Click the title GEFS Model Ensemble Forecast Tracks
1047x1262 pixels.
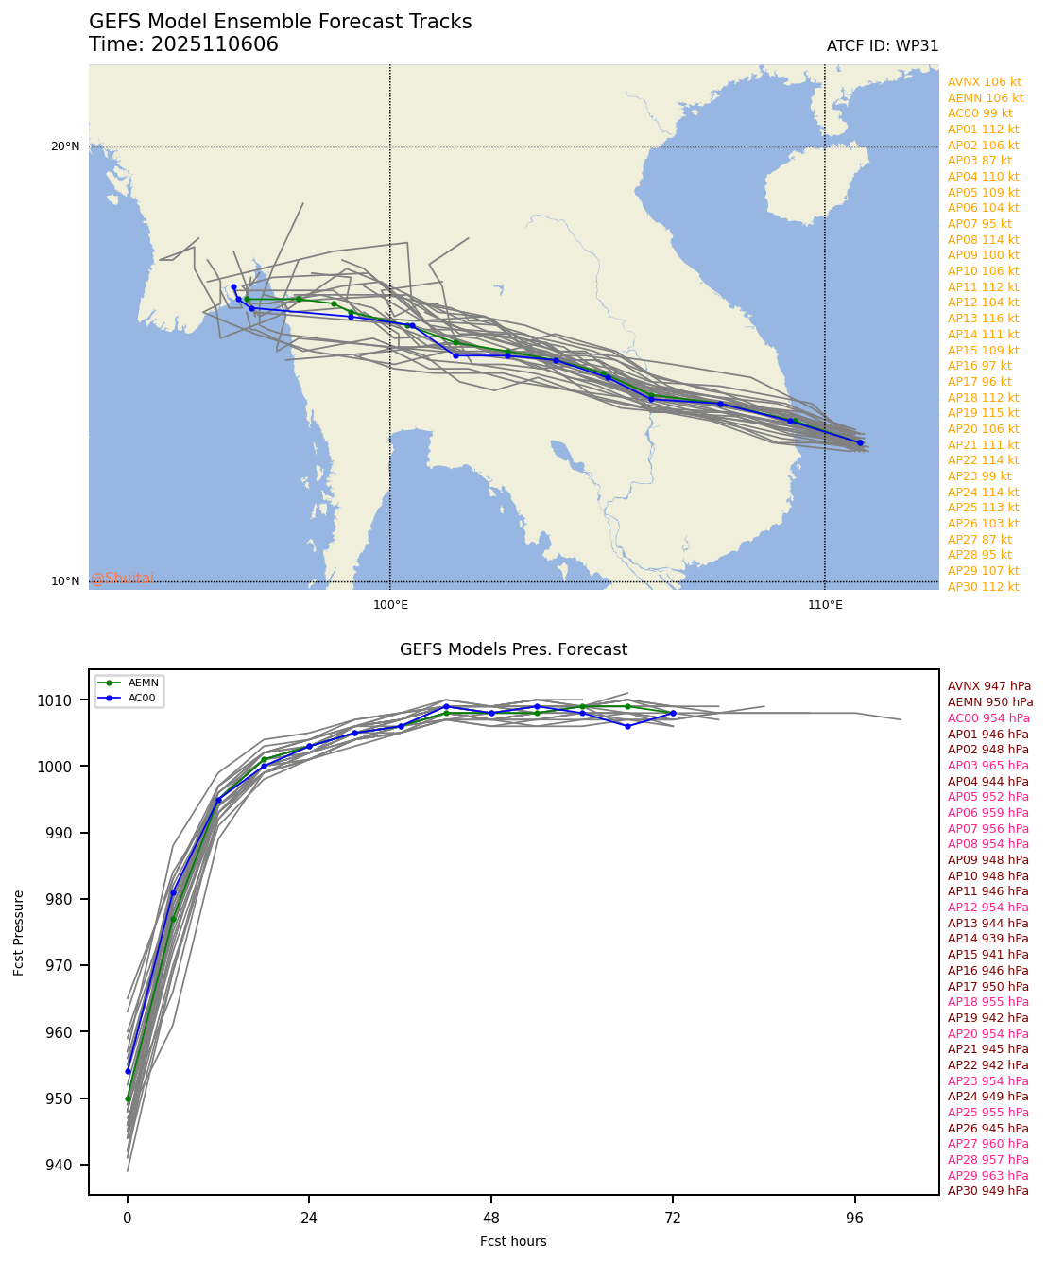pos(280,22)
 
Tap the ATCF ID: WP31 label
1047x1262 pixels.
pos(882,46)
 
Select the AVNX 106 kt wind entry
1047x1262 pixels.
pos(985,82)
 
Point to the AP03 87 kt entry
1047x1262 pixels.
pos(979,161)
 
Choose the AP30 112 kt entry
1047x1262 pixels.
pos(983,586)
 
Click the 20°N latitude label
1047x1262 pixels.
pos(65,147)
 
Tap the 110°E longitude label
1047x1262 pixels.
pos(825,605)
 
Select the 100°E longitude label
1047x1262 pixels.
pos(390,605)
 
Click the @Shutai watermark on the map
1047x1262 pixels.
pos(123,579)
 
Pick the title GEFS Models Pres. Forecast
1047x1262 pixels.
pos(513,649)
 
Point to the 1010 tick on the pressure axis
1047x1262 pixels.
pos(67,700)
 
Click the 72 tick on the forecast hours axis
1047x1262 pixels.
pos(673,1218)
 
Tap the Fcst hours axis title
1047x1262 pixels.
pos(513,1241)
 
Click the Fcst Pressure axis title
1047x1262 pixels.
pos(19,932)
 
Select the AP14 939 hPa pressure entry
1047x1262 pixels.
pos(987,939)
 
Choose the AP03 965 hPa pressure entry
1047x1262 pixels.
pos(987,766)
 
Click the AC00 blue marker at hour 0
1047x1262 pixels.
pos(128,1071)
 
